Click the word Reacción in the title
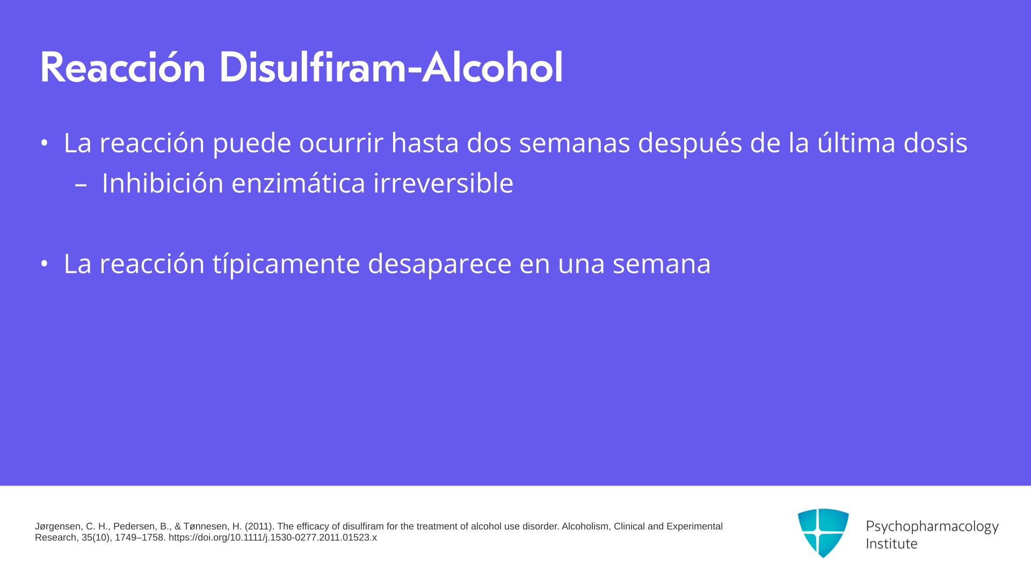(x=123, y=68)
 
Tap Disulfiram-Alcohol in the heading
(x=391, y=68)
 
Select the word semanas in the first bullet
(x=575, y=143)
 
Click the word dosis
(x=935, y=143)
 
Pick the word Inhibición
(x=163, y=183)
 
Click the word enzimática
(x=299, y=183)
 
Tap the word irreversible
(x=444, y=183)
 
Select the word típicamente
(x=286, y=264)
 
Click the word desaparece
(x=440, y=264)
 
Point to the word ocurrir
(x=341, y=143)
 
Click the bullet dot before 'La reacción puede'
(x=44, y=143)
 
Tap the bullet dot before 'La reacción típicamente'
(x=44, y=264)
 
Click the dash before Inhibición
(x=81, y=185)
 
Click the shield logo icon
(x=823, y=533)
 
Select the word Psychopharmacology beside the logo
(x=932, y=527)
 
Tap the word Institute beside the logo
(x=891, y=543)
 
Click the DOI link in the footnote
(x=273, y=538)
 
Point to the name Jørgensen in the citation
(x=58, y=527)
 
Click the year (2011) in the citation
(x=259, y=526)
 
